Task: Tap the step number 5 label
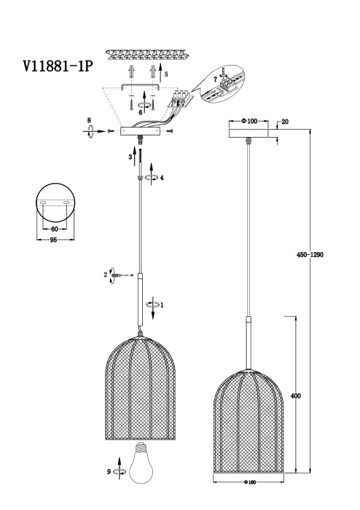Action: click(165, 74)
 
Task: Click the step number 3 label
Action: click(130, 156)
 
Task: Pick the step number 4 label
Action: click(162, 177)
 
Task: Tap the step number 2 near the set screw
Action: click(106, 275)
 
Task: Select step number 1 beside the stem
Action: click(161, 305)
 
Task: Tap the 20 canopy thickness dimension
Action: click(285, 122)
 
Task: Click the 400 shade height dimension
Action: click(294, 396)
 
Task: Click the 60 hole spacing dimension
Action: click(55, 229)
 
